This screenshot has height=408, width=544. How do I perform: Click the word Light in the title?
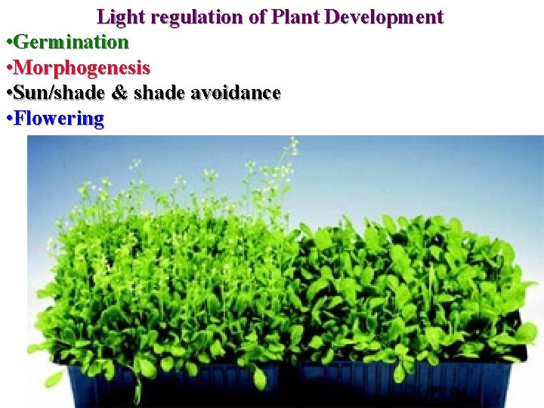117,17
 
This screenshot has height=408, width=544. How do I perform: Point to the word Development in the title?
385,17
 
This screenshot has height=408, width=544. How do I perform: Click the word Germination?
71,41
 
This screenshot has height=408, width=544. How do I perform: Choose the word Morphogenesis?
82,67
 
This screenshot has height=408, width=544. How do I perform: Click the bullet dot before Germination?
8,42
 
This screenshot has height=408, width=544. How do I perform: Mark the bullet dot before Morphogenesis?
8,67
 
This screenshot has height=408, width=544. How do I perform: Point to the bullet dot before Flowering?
8,119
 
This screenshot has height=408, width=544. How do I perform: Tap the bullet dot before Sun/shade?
8,94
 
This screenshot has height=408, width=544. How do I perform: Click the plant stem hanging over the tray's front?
138,385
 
